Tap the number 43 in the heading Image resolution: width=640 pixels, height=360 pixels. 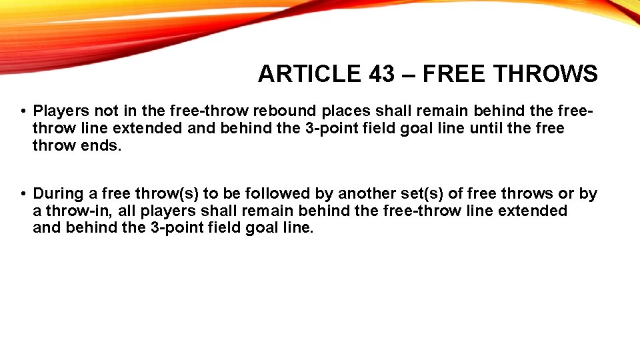pos(381,73)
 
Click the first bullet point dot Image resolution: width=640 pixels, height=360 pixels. pos(23,111)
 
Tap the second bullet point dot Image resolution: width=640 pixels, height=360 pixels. pos(23,195)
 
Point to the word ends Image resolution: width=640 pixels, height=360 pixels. pos(100,145)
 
